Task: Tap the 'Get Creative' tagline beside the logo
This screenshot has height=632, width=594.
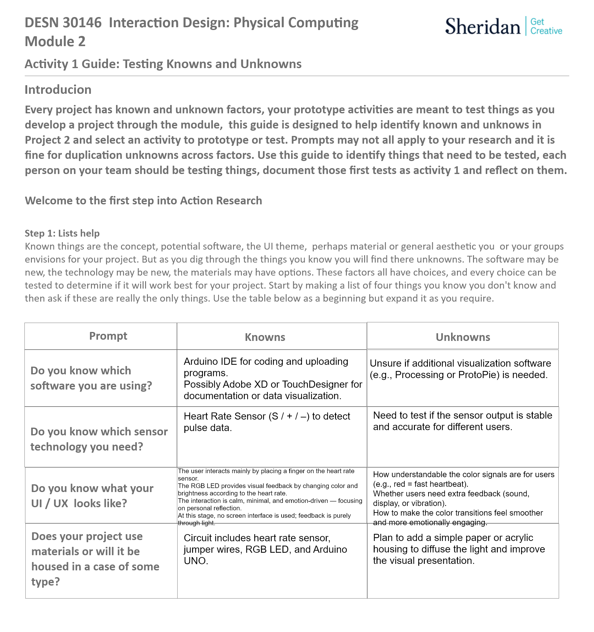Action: (546, 26)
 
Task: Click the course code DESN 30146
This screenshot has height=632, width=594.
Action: (63, 23)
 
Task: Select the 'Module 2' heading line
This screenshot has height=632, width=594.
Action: (55, 41)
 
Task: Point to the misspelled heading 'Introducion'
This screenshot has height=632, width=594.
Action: (58, 90)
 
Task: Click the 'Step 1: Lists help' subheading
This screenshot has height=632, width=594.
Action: (62, 233)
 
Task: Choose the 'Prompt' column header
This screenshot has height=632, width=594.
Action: (108, 336)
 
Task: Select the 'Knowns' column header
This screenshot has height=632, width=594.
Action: (265, 337)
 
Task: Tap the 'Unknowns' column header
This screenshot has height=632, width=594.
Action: (463, 337)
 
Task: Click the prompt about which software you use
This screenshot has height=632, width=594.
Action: (91, 378)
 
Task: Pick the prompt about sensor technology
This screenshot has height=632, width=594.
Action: (99, 439)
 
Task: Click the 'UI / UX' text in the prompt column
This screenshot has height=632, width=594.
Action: (49, 503)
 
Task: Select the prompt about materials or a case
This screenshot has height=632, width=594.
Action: (95, 559)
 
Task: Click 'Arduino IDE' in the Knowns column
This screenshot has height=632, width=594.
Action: (210, 361)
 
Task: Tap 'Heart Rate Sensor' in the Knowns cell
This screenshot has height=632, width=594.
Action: (225, 416)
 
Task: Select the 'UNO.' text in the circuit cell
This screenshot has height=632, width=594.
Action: (196, 561)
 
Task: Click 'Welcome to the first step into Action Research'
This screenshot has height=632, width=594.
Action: (143, 201)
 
